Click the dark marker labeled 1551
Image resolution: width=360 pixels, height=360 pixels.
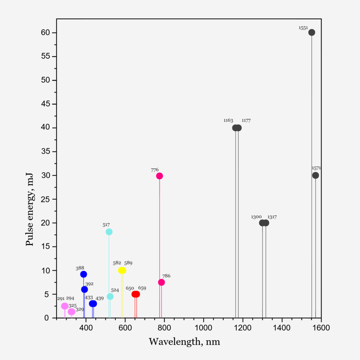coord(311,32)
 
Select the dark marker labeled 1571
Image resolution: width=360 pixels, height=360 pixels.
coord(315,175)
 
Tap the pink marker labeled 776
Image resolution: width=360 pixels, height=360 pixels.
coord(160,176)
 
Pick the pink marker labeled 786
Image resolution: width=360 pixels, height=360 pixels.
coord(161,282)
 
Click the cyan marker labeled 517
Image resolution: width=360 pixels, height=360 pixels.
coord(109,232)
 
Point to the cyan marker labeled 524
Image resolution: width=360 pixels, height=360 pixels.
coord(110,297)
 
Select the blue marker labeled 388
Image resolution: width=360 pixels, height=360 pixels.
coord(84,274)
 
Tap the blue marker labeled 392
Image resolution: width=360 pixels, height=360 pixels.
coord(84,290)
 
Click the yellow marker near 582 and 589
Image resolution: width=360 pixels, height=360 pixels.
coord(122,270)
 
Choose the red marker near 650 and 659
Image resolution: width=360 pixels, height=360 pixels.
coord(136,294)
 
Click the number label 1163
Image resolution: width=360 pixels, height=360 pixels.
coord(228,120)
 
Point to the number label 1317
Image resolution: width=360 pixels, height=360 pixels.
coord(272,217)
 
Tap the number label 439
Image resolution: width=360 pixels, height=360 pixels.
coord(99,298)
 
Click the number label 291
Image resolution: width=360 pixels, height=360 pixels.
coord(61,298)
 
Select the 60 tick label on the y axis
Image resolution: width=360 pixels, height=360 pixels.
coord(45,33)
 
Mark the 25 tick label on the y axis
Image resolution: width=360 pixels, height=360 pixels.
coord(45,199)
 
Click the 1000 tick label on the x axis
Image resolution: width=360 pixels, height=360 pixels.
coord(204,328)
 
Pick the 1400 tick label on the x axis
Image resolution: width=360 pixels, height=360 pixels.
coord(282,328)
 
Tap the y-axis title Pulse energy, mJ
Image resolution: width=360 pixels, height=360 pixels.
coord(30,210)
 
